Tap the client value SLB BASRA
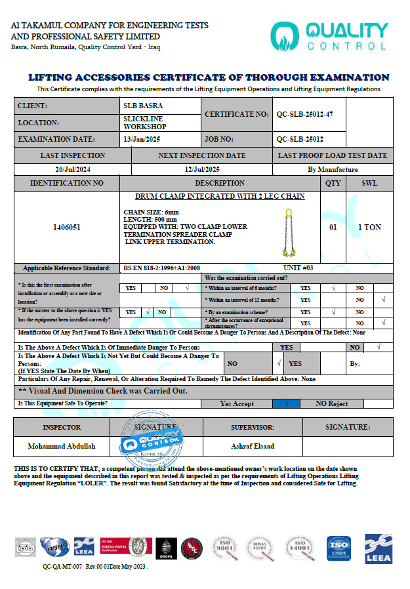pyautogui.click(x=143, y=106)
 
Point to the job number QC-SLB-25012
pyautogui.click(x=300, y=139)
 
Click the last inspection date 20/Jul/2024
pyautogui.click(x=72, y=169)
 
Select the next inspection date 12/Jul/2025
pyautogui.click(x=201, y=169)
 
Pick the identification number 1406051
pyautogui.click(x=67, y=228)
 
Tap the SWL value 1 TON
pyautogui.click(x=369, y=228)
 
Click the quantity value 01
pyautogui.click(x=333, y=228)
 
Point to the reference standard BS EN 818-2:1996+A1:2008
pyautogui.click(x=162, y=268)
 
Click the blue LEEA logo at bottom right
pyautogui.click(x=378, y=547)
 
